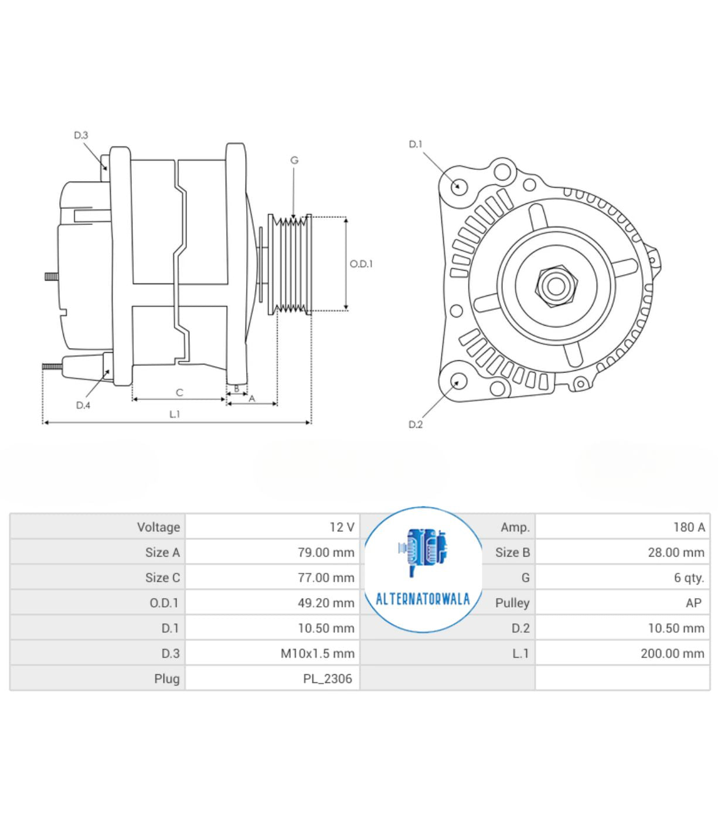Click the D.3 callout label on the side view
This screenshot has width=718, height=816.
[81, 135]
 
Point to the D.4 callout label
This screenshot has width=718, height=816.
[83, 405]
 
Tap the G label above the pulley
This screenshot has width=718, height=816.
[294, 161]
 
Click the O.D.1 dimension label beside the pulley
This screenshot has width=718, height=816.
[361, 264]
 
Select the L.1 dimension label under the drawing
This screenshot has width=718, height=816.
[174, 415]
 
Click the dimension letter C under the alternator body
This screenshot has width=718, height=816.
[179, 392]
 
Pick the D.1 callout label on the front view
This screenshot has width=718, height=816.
[415, 144]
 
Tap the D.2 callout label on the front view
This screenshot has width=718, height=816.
[416, 425]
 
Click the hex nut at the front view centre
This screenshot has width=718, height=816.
[557, 286]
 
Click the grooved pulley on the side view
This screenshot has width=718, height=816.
[290, 264]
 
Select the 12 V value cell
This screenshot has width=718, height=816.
[342, 527]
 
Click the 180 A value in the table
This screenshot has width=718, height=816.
[689, 527]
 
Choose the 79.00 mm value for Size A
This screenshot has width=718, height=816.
[326, 552]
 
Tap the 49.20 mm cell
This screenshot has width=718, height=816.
[326, 603]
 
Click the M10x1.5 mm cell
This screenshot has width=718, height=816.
[318, 653]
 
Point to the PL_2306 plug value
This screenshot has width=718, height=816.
[328, 679]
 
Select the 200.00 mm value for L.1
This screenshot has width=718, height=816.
[673, 653]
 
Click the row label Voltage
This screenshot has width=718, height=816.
[158, 527]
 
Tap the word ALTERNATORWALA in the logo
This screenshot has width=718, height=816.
[423, 599]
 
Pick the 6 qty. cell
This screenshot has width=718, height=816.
[689, 578]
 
